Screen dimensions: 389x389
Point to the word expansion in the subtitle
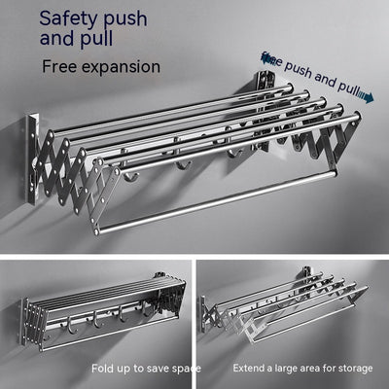coord(142,68)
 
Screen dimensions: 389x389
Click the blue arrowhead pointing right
coord(369,97)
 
